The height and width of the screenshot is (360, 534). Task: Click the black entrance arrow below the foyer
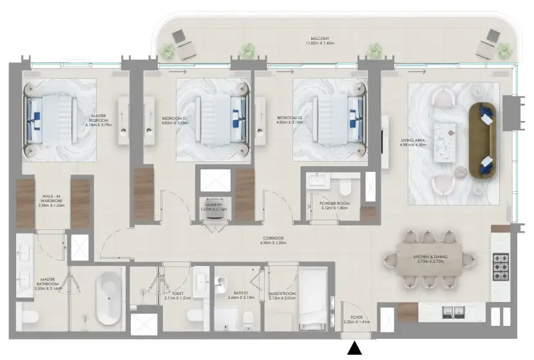click(355, 349)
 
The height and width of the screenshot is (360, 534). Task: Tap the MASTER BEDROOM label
click(99, 120)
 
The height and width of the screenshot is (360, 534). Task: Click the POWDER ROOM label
click(333, 205)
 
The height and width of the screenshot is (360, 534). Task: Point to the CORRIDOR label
click(272, 242)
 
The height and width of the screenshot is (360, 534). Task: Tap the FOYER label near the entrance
click(358, 319)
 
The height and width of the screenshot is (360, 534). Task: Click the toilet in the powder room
click(345, 187)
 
